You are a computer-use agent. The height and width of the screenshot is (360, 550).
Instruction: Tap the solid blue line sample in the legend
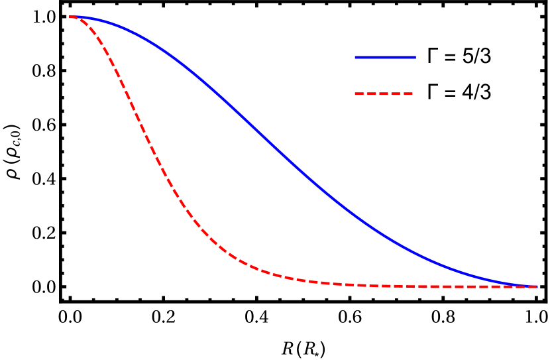point(385,58)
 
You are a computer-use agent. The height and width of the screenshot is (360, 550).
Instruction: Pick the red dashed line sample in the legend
point(384,93)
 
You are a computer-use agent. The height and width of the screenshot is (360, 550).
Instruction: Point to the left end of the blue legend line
point(356,58)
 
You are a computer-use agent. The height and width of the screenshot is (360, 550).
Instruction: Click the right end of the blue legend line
point(415,58)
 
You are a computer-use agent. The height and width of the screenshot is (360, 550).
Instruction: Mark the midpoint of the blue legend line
point(385,58)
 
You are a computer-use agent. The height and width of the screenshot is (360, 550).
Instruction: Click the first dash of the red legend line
point(360,93)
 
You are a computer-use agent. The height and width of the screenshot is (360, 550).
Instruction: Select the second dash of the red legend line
point(372,93)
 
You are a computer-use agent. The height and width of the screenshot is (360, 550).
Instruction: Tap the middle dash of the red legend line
point(384,93)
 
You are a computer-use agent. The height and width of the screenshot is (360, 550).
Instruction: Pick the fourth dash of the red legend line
point(396,93)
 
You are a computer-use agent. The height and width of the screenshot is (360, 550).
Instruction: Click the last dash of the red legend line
point(408,93)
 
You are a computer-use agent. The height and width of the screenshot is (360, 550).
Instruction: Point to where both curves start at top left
point(71,17)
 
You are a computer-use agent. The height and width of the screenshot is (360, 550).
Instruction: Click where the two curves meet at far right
point(535,286)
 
